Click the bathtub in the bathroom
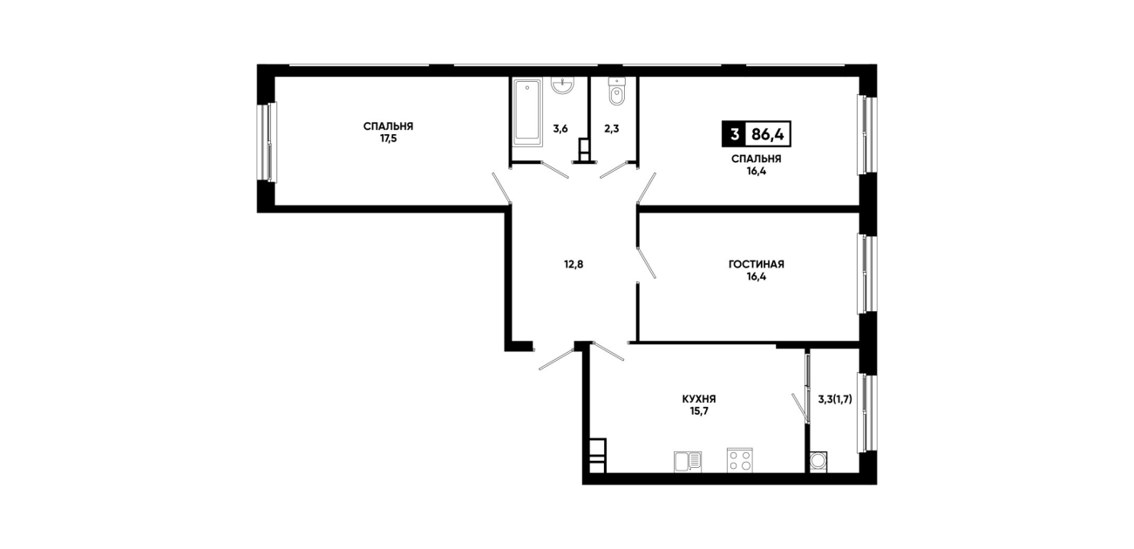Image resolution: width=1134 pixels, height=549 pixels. coord(527,112)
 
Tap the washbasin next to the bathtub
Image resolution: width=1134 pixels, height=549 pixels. coord(562,86)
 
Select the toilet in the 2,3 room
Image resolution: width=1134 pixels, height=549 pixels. coord(616,92)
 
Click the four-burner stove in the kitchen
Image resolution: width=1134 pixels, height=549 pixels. coord(740,460)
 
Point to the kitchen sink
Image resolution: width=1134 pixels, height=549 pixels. coord(688,462)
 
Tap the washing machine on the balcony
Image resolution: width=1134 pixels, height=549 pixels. coord(818,462)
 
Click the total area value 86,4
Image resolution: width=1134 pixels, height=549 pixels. coord(767,134)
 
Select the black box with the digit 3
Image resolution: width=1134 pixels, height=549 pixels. coord(734,134)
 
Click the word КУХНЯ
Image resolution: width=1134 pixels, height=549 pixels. coord(699,399)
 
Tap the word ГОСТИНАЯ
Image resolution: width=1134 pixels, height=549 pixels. coord(757,264)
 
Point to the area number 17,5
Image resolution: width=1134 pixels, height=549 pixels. coord(388,139)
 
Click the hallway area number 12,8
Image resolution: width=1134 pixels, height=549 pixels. coord(574,264)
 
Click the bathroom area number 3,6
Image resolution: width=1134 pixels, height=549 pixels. coord(560,128)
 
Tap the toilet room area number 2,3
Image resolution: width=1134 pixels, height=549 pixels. coord(612,128)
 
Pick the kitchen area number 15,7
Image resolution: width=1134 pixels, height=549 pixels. coord(699,410)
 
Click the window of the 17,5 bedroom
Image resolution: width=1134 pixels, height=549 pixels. coord(267,142)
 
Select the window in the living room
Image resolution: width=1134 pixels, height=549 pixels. coord(867,274)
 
